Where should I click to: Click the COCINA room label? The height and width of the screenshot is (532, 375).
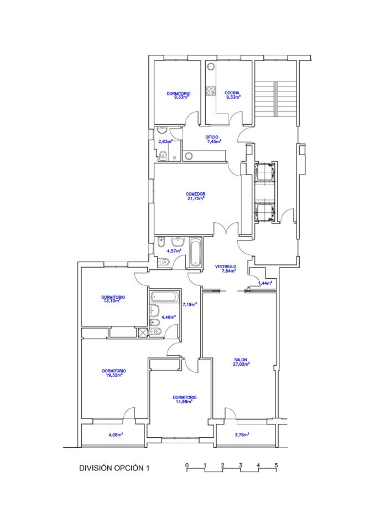click(x=232, y=93)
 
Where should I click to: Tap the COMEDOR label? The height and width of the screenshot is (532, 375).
click(x=195, y=194)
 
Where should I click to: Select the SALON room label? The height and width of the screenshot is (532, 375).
click(x=241, y=360)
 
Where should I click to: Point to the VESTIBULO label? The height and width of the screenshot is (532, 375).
click(x=226, y=267)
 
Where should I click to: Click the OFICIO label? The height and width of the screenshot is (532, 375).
click(x=212, y=137)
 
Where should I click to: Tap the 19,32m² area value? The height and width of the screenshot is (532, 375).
click(x=112, y=375)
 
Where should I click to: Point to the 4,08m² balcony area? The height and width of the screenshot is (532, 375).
click(x=116, y=434)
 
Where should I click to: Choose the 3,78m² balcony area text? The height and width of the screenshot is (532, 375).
click(x=242, y=434)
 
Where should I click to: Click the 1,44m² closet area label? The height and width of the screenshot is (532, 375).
click(x=265, y=283)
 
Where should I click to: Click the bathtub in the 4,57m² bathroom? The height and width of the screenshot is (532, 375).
click(x=195, y=253)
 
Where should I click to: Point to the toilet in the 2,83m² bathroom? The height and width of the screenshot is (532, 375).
click(x=163, y=156)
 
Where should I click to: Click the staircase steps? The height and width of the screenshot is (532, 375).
click(x=276, y=99)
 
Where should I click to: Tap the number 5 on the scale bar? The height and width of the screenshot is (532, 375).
click(x=276, y=465)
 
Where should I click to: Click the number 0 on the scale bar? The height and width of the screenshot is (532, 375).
click(x=187, y=465)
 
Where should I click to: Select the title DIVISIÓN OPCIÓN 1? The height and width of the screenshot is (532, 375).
click(x=114, y=468)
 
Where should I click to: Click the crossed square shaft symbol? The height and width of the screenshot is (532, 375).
click(x=143, y=332)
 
